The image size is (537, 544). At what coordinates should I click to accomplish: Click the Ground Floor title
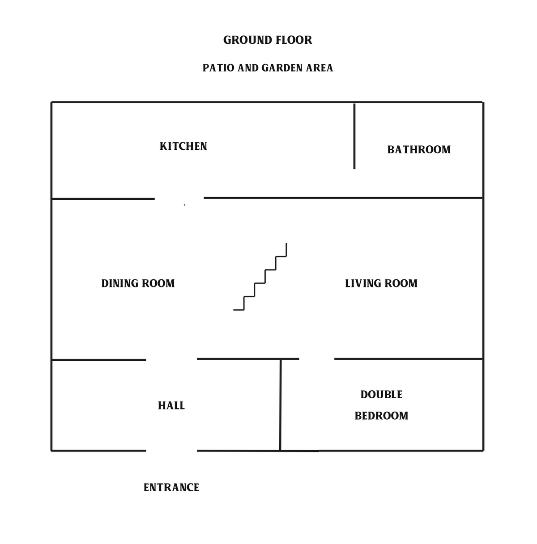(267, 40)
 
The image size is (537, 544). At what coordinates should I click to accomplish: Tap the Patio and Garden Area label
(268, 68)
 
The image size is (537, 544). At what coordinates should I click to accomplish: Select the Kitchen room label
(183, 146)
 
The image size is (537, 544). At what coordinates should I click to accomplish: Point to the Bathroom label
(419, 150)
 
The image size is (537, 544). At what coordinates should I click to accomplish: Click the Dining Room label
(138, 283)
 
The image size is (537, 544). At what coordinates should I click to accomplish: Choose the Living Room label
(381, 283)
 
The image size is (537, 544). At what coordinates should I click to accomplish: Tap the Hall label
(171, 406)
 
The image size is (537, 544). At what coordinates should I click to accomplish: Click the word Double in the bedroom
(381, 395)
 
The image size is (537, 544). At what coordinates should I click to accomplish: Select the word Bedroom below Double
(381, 416)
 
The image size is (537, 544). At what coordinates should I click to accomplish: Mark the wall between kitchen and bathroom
(354, 136)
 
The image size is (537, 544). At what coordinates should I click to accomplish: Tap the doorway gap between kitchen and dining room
(179, 198)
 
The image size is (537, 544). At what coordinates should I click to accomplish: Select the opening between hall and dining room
(171, 360)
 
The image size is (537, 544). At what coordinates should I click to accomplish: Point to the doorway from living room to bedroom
(317, 359)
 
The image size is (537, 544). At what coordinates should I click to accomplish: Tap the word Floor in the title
(294, 40)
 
